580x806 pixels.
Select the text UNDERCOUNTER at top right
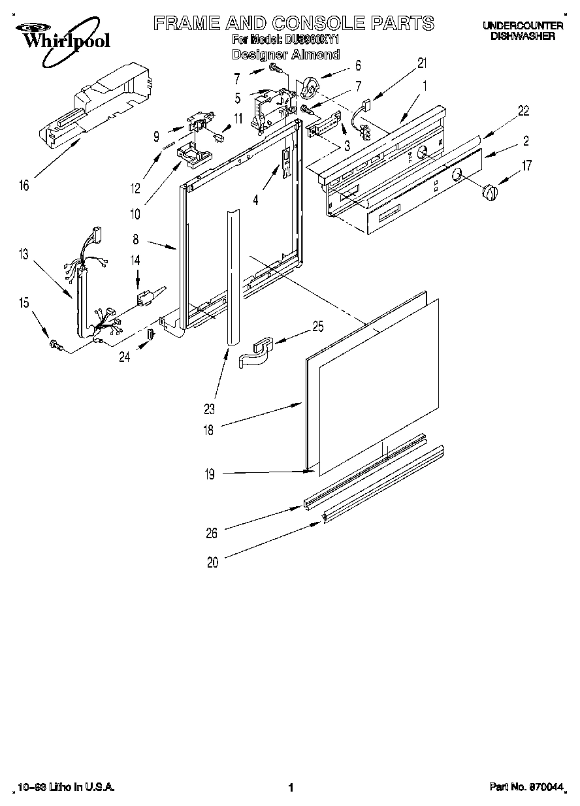[x=523, y=25]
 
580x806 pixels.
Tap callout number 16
[x=24, y=186]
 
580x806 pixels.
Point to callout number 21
[x=422, y=63]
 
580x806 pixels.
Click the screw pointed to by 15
[x=56, y=344]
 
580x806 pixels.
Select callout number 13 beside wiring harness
[x=24, y=255]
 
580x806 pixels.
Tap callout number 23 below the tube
[x=209, y=410]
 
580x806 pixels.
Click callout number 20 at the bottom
[x=212, y=563]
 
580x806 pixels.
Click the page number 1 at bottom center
[x=290, y=788]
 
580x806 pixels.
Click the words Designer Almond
[x=285, y=55]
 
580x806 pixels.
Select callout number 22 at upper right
[x=523, y=110]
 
